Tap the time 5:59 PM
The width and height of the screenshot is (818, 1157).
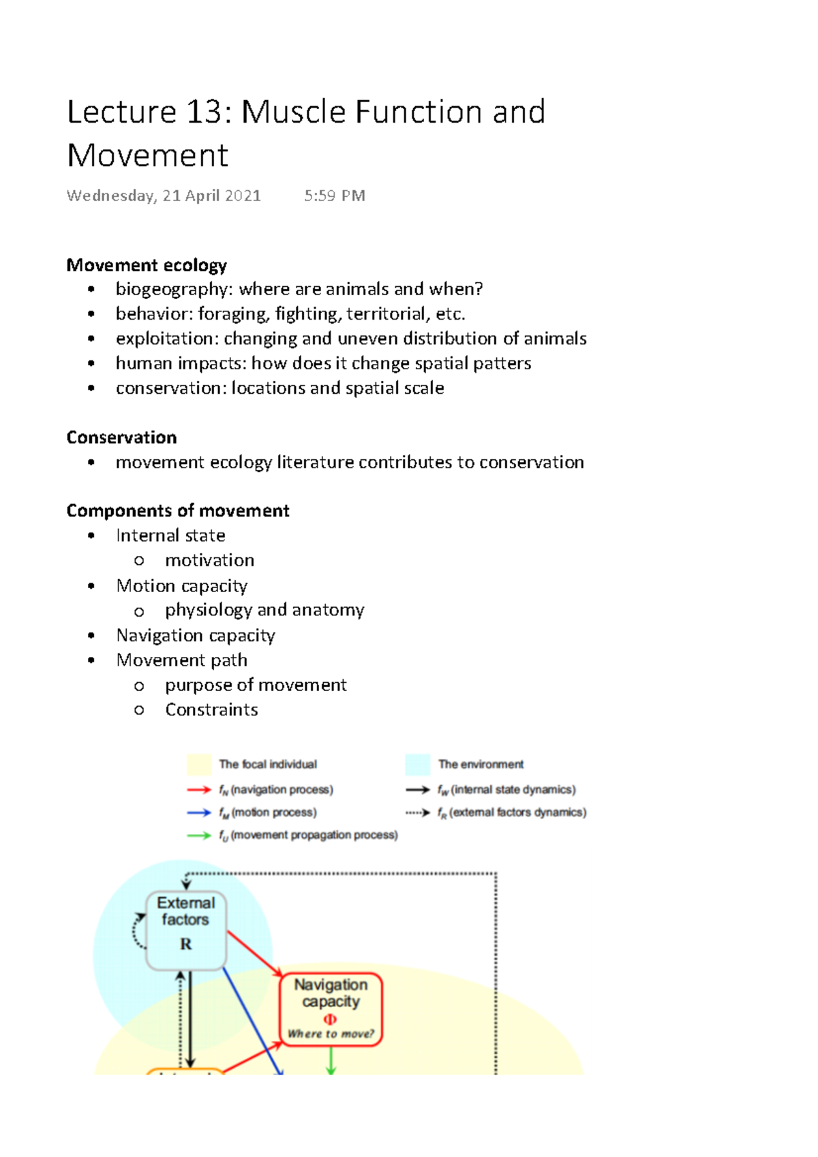pyautogui.click(x=335, y=196)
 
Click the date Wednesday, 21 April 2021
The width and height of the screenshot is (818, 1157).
pyautogui.click(x=164, y=196)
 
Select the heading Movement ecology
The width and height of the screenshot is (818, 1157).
pyautogui.click(x=147, y=265)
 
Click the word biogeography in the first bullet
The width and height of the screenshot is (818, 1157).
pyautogui.click(x=172, y=290)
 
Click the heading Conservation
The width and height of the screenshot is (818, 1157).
pyautogui.click(x=121, y=437)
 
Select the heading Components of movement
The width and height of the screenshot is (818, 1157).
pyautogui.click(x=178, y=511)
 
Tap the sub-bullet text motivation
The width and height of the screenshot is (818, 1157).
pyautogui.click(x=209, y=560)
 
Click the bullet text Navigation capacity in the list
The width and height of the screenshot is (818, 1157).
pyautogui.click(x=196, y=636)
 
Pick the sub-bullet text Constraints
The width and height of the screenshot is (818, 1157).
pyautogui.click(x=211, y=710)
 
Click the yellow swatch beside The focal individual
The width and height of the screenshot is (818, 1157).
pyautogui.click(x=199, y=765)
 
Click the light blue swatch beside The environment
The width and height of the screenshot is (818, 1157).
pyautogui.click(x=417, y=765)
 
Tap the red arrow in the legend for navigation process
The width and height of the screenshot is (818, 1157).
pyautogui.click(x=199, y=790)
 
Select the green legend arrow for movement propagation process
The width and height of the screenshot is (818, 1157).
pyautogui.click(x=199, y=835)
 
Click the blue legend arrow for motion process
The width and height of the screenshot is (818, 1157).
pyautogui.click(x=199, y=813)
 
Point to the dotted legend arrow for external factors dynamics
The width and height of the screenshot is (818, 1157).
pyautogui.click(x=417, y=813)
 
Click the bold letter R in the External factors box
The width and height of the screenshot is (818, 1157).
pyautogui.click(x=186, y=944)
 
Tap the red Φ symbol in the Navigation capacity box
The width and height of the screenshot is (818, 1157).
pyautogui.click(x=330, y=1020)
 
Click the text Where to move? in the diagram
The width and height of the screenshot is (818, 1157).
pyautogui.click(x=331, y=1034)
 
